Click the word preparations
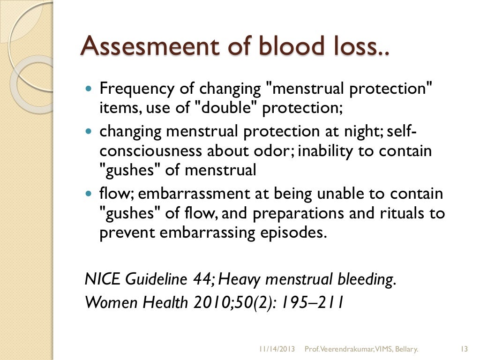pos(302,214)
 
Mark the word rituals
pos(400,214)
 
